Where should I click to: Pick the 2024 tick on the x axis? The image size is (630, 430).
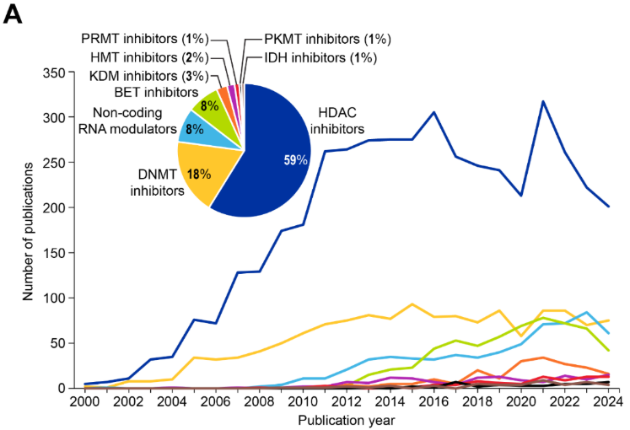(x=607, y=401)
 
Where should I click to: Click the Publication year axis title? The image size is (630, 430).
(x=347, y=419)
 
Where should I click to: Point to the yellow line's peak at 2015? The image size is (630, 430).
(x=412, y=304)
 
